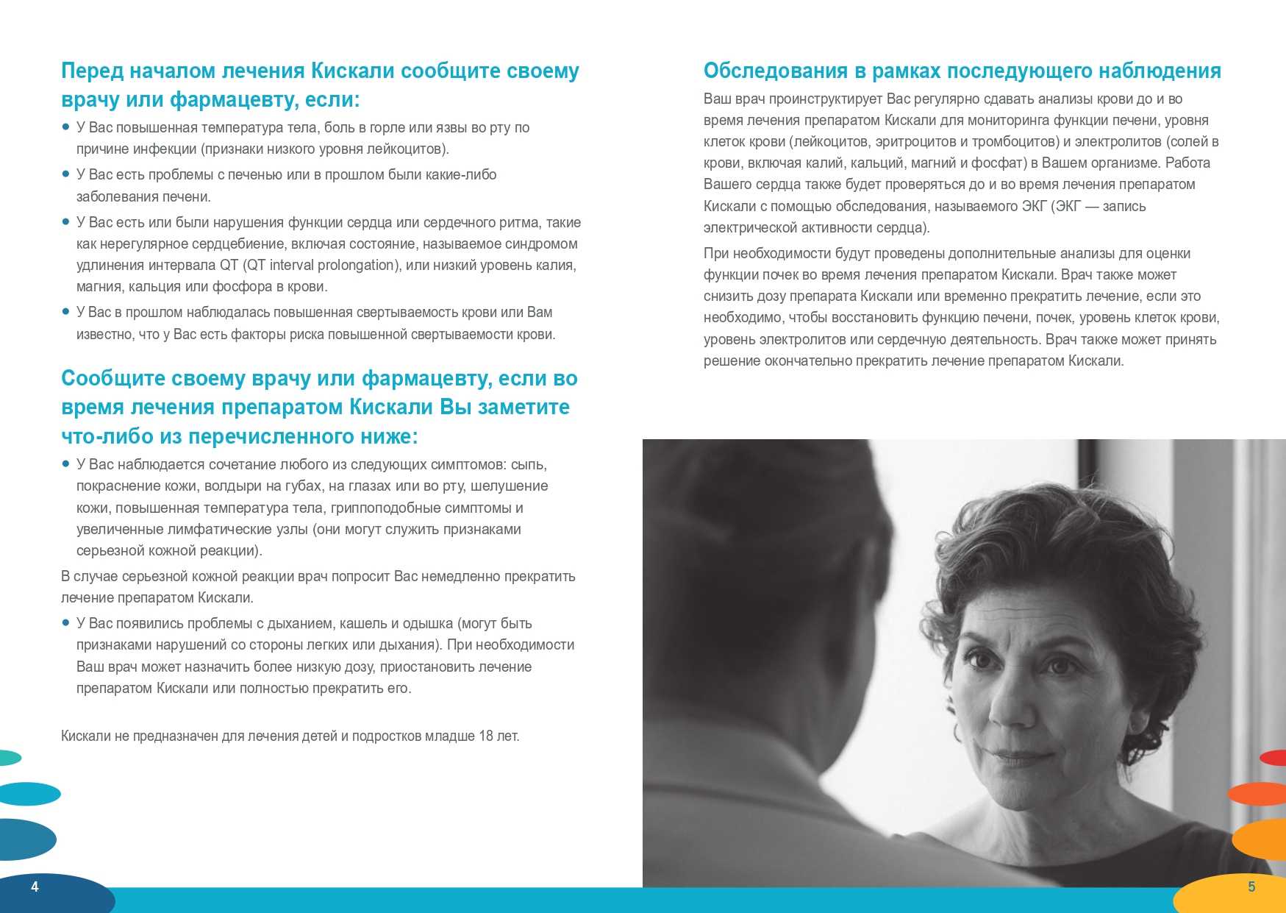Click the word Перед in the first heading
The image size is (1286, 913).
[93, 71]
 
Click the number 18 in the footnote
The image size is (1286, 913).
[486, 736]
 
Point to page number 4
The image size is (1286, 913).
[35, 887]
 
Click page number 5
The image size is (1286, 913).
[1251, 887]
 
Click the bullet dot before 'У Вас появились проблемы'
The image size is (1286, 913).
[65, 622]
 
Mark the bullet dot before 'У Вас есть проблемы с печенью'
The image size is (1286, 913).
[65, 174]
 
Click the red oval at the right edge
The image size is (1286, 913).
[1275, 757]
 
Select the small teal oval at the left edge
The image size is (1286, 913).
[9, 757]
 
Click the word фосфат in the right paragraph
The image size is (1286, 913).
[999, 163]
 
